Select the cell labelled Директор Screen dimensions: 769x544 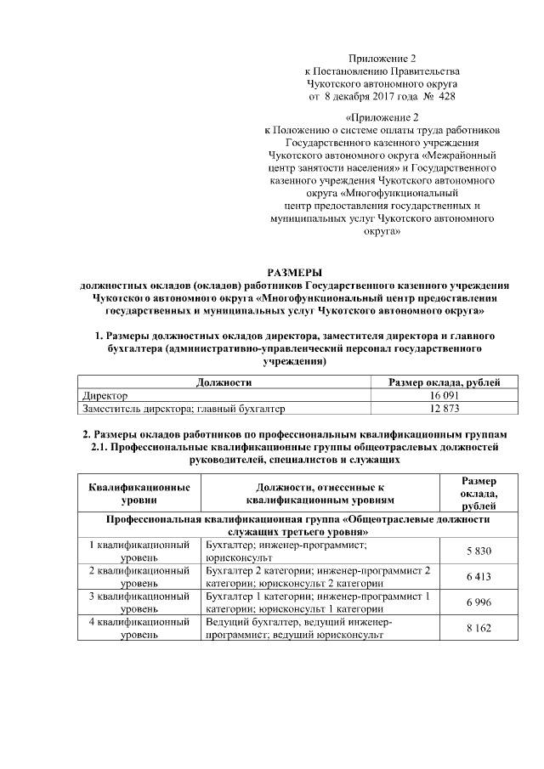[105, 396]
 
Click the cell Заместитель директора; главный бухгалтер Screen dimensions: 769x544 [184, 409]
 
